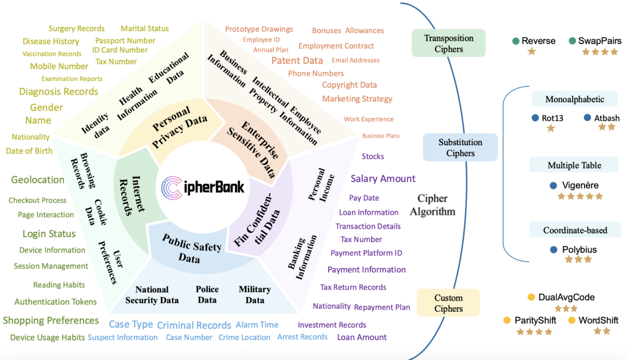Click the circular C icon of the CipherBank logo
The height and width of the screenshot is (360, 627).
pos(172,188)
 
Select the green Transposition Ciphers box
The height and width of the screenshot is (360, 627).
pos(449,43)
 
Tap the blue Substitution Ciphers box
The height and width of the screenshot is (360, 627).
pos(460,147)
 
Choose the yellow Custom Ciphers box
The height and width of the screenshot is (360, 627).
pos(448,303)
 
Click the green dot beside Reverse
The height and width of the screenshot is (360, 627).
pos(516,41)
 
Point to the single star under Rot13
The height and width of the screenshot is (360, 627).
pos(551,128)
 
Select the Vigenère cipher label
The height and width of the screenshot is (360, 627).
pos(580,185)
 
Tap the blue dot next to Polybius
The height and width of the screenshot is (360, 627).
pos(554,250)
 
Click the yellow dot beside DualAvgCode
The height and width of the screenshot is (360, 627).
pos(531,297)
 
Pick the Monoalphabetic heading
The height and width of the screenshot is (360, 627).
pos(575,99)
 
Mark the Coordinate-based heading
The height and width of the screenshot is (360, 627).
pos(575,231)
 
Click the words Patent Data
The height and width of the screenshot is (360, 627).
pos(297,60)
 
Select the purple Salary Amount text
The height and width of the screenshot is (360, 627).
pos(383,178)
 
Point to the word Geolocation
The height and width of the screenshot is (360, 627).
pos(38,180)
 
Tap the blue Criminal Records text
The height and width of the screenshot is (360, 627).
pos(194,325)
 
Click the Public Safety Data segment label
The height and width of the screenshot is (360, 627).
pos(191,249)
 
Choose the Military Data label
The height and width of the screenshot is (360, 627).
pos(255,294)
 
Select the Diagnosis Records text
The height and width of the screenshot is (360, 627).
pos(59,92)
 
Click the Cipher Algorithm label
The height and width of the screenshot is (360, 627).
pos(433,205)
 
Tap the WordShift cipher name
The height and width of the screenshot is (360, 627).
pos(598,320)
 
